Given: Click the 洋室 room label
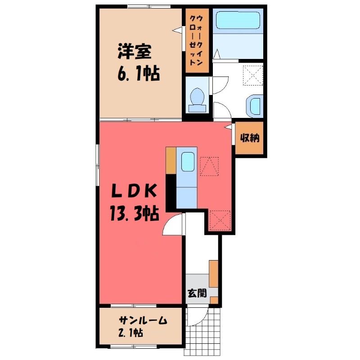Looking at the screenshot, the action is [x=134, y=52].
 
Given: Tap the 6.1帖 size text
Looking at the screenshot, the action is [x=139, y=74].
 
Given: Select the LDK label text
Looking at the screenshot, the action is [x=134, y=191].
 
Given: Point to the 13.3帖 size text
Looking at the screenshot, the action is [x=134, y=213].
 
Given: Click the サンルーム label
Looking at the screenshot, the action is [x=143, y=320].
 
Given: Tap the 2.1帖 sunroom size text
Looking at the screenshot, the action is [x=130, y=333].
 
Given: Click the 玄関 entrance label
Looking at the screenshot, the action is [x=197, y=293].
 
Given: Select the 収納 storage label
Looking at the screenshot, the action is [x=250, y=138].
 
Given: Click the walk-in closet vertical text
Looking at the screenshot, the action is [x=197, y=40].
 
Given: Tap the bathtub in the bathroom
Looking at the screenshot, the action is [x=238, y=20].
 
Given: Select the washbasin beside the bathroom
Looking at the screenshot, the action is [x=255, y=106].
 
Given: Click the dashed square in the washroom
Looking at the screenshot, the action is [x=253, y=76].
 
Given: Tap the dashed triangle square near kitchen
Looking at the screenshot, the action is [x=209, y=166].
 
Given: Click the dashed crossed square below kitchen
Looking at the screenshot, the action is [x=220, y=220].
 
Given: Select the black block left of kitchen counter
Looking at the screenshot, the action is [x=171, y=193].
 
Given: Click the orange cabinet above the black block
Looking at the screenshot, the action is [x=171, y=161].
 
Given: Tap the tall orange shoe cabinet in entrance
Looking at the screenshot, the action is [x=213, y=274].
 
